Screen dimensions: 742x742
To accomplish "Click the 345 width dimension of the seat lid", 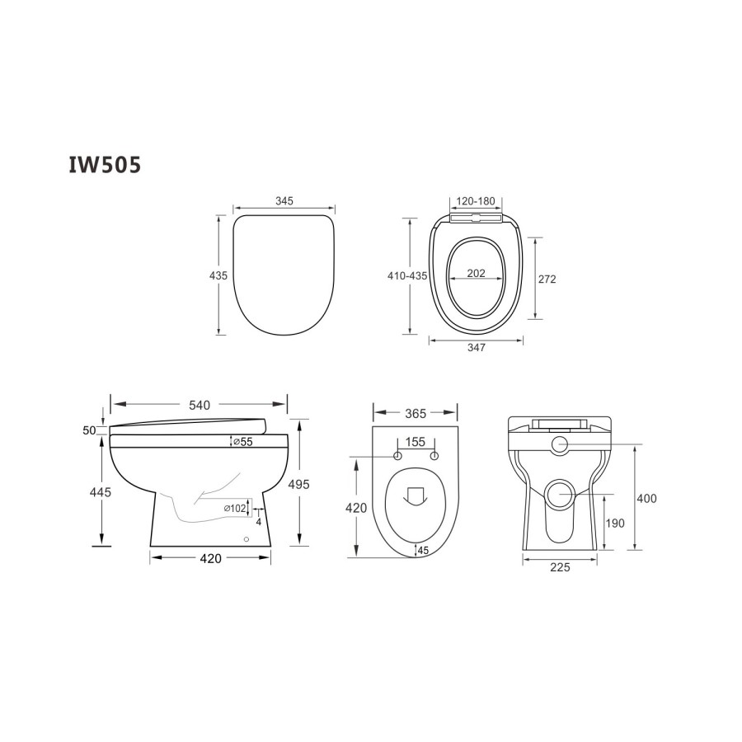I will point(284,201).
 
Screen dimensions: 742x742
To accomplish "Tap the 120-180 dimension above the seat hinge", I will point(475,201).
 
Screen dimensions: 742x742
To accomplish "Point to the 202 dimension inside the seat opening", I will point(476,273).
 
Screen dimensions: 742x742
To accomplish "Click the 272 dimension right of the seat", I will point(547,279).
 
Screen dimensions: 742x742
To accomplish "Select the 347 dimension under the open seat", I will point(476,347).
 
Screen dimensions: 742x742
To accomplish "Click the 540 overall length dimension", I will point(200,405).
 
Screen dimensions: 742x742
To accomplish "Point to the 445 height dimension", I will point(101,492).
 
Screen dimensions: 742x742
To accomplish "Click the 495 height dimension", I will point(298,485).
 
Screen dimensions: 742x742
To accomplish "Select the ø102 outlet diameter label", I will point(235,509).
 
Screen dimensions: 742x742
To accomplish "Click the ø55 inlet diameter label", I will point(241,443).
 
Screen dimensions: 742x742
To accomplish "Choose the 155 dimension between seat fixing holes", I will point(416,443).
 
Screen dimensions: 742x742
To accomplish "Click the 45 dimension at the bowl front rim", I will point(423,550).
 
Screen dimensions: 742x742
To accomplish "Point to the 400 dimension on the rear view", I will point(647,498).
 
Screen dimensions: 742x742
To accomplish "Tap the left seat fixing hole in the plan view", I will point(397,456).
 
